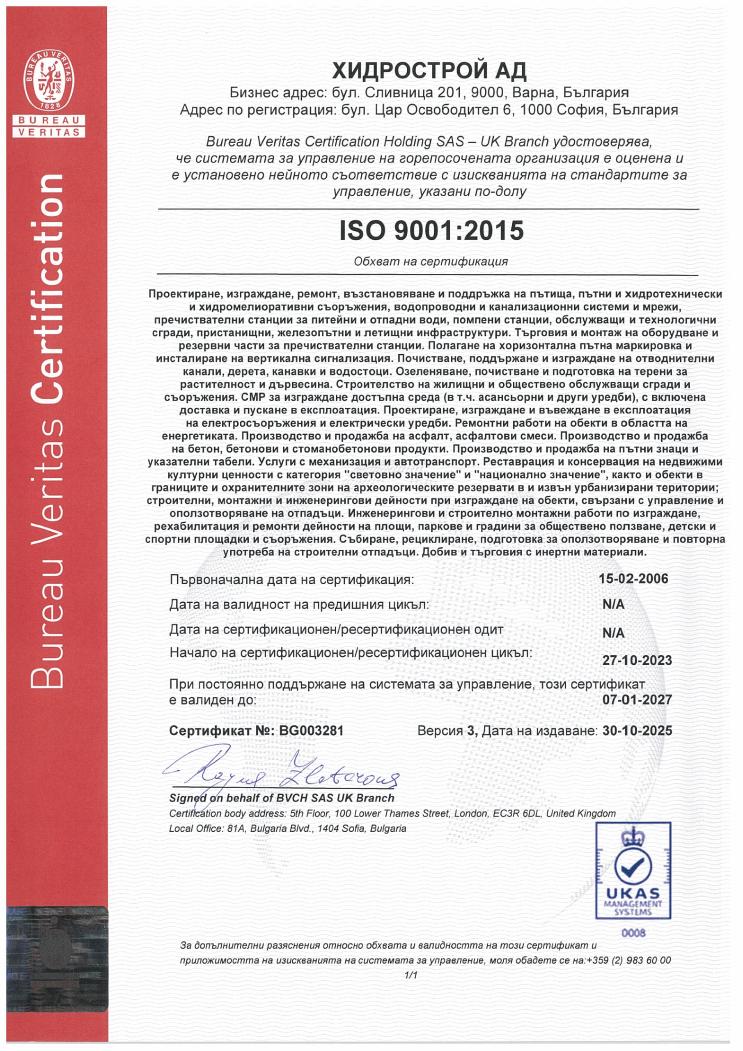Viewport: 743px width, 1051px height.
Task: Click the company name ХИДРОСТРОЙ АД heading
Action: [x=429, y=71]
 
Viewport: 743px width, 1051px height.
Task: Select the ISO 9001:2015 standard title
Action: [x=431, y=231]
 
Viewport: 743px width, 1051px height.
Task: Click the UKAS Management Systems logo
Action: [x=633, y=871]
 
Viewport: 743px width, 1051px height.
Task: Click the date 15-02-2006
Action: [x=633, y=578]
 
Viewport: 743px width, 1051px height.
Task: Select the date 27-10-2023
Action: [x=637, y=660]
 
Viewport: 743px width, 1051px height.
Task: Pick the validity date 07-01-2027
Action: [x=637, y=700]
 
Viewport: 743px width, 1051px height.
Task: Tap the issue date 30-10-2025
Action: [x=637, y=731]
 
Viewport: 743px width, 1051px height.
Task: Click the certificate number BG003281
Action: [x=311, y=731]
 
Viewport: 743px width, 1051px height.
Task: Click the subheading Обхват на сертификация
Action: [x=431, y=262]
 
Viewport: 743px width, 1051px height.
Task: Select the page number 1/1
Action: [x=410, y=975]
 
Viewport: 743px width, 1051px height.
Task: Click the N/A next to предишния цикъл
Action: [x=613, y=604]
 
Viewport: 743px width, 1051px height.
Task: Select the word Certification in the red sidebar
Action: [x=47, y=288]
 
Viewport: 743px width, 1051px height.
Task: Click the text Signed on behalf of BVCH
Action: [x=282, y=798]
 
